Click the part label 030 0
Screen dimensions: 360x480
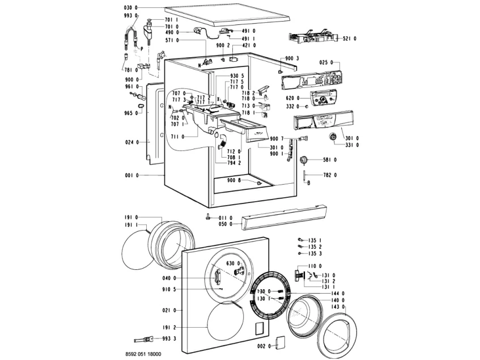(130, 7)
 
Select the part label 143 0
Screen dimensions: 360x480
(339, 307)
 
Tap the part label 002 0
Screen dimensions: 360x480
(262, 345)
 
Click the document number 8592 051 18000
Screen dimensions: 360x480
(146, 354)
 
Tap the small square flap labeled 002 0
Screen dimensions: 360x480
(279, 343)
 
